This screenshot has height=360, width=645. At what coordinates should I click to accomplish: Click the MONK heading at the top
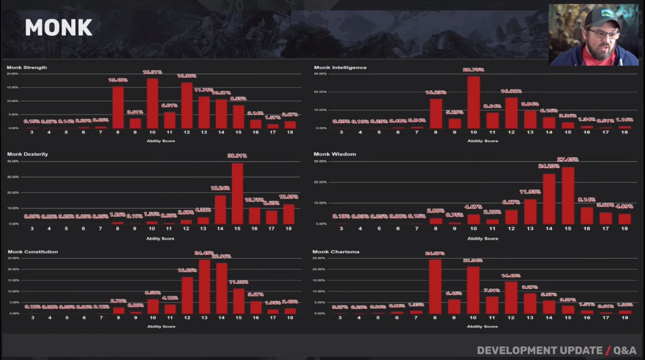coord(58,28)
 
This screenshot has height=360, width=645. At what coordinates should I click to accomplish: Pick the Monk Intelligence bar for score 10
coord(474,103)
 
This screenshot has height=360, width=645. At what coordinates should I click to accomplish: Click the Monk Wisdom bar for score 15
coord(568,196)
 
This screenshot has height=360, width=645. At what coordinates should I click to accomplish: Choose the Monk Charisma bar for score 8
coord(435,287)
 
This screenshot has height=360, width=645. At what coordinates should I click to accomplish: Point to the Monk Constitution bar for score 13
coord(204,287)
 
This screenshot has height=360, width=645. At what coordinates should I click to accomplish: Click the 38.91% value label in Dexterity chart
coord(237,156)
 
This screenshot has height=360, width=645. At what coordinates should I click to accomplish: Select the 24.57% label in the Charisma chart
coord(435,254)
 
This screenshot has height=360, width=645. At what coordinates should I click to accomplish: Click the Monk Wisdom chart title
coord(335,154)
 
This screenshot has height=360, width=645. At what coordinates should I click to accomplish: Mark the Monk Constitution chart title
coord(33,252)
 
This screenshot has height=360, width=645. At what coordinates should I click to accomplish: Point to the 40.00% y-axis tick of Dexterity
coord(13,161)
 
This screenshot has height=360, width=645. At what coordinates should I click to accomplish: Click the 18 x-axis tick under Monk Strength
coord(290,133)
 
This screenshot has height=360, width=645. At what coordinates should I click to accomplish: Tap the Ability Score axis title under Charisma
coord(482,326)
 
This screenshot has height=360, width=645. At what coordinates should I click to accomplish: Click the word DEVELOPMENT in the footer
coord(540,351)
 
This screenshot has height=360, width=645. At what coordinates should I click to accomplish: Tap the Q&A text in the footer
coord(625,351)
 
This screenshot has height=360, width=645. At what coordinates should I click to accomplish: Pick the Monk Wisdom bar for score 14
coord(549,199)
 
